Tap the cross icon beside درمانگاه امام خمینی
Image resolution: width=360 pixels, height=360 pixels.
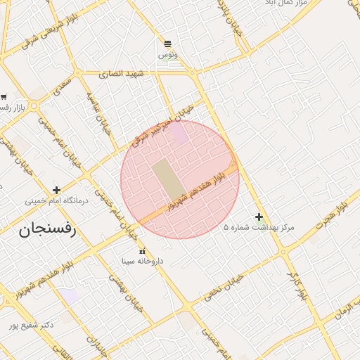57,190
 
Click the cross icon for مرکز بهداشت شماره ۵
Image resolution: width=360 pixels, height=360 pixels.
259,217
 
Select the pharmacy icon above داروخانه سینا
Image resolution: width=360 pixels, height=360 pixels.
143,251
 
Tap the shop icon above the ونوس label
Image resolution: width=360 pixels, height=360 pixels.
167,44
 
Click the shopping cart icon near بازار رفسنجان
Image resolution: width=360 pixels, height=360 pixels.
4,96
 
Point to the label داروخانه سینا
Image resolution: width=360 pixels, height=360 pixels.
143,261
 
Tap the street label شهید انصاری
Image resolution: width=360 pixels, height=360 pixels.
121,73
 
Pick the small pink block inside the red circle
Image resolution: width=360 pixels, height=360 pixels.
180,134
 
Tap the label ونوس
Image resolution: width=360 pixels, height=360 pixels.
167,54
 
